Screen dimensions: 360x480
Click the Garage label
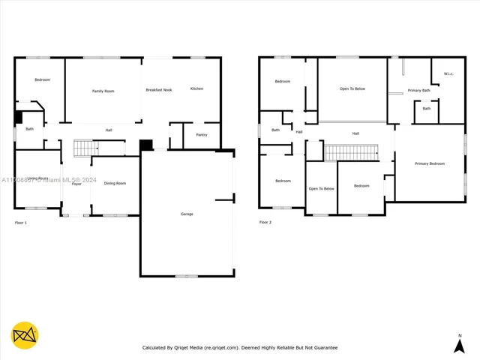[x=187, y=214]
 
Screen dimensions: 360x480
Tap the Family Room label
[x=103, y=91]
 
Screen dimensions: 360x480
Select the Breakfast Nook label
[x=159, y=90]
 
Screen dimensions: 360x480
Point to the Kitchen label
[x=196, y=88]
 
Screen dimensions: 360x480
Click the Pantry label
[x=202, y=135]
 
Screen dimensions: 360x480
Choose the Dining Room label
[x=115, y=183]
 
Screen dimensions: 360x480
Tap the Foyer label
[x=76, y=184]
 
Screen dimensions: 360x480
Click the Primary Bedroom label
[x=430, y=163]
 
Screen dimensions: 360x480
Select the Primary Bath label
[x=419, y=91]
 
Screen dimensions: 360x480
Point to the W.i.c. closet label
[x=448, y=73]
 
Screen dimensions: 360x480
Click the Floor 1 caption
[x=21, y=223]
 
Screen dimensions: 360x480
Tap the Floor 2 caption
[x=265, y=223]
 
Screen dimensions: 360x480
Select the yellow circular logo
[x=25, y=335]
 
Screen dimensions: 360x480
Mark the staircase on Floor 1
[x=86, y=148]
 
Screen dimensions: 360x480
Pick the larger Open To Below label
[x=352, y=88]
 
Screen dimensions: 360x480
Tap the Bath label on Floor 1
[x=29, y=129]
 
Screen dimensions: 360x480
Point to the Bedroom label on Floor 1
[x=42, y=79]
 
